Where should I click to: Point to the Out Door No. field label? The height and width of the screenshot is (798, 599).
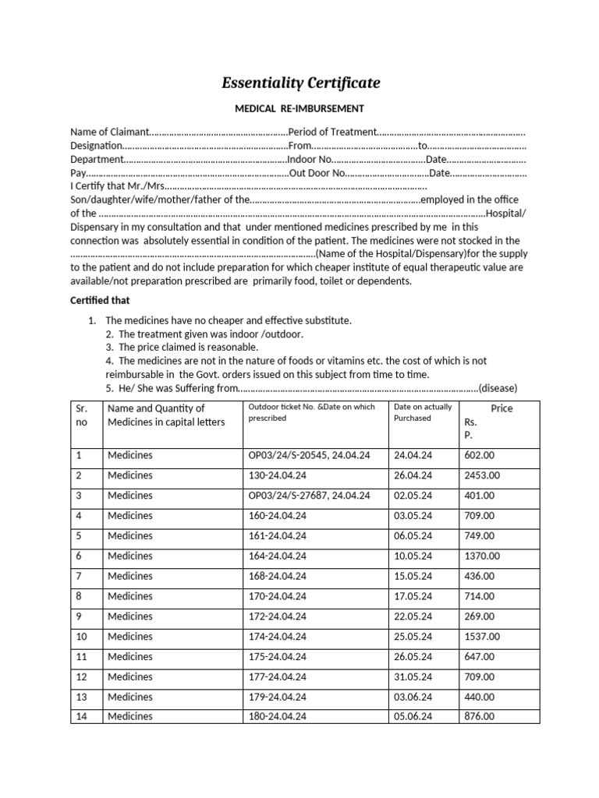click(x=316, y=173)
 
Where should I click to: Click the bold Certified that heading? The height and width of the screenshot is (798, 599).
click(x=100, y=300)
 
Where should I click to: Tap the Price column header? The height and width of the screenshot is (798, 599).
click(x=502, y=408)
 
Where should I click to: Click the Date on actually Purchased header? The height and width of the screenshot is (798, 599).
click(x=423, y=412)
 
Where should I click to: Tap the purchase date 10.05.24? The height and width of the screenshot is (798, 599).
click(x=413, y=556)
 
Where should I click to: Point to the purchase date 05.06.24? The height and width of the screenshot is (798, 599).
click(x=413, y=716)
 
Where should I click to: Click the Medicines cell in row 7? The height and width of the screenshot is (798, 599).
click(x=130, y=576)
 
